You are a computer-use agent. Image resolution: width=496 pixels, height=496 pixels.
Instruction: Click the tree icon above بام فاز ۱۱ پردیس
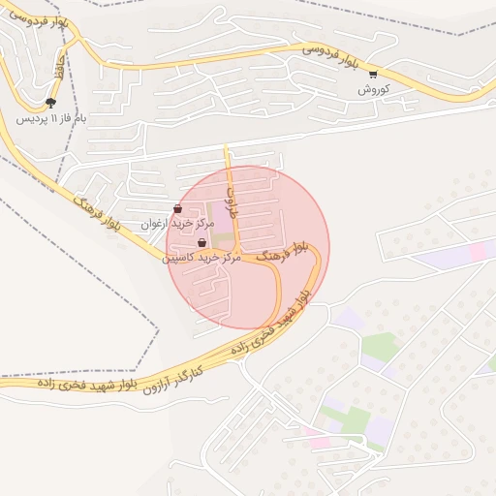click(50, 103)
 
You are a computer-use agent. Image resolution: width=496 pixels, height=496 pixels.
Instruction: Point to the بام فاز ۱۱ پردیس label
click(50, 119)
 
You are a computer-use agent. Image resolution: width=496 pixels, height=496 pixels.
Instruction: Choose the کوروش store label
click(373, 89)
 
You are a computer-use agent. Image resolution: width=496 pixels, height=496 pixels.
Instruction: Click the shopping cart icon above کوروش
click(373, 74)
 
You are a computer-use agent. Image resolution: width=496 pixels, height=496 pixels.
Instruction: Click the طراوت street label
click(231, 195)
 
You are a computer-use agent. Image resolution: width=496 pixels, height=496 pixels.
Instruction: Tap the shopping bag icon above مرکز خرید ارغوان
click(176, 209)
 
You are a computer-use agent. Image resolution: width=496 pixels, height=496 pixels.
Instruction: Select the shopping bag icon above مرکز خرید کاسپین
click(201, 243)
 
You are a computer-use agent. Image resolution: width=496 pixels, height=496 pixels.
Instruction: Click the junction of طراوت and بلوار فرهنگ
click(235, 254)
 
